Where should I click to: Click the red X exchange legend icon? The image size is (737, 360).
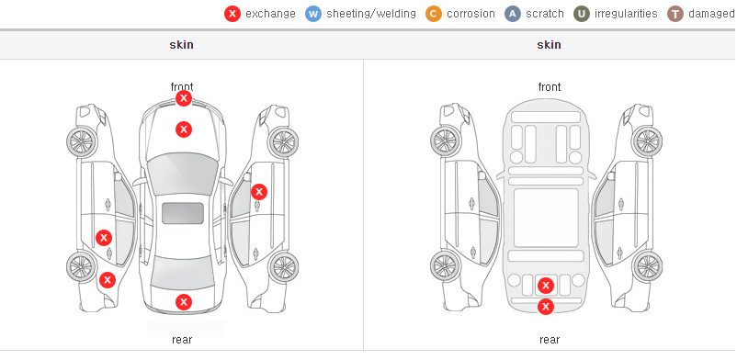click(232, 14)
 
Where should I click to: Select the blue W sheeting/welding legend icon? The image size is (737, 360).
click(313, 14)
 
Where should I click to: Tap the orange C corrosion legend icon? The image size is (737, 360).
click(434, 14)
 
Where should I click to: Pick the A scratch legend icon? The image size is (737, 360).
click(513, 14)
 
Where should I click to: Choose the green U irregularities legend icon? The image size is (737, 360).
click(582, 14)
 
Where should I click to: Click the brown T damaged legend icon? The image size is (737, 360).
click(675, 14)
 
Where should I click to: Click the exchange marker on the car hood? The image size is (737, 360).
click(184, 129)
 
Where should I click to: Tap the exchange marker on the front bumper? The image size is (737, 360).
click(184, 98)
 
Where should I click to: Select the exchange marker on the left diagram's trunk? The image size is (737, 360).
click(184, 302)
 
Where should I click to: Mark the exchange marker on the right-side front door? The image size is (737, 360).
click(259, 192)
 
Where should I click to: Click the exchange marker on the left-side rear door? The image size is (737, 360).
click(104, 238)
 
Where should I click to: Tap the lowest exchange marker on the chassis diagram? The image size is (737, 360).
click(546, 307)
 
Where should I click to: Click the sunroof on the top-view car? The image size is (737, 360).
click(183, 213)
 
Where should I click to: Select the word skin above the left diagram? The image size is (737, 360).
click(181, 45)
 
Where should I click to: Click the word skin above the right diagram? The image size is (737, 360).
click(549, 45)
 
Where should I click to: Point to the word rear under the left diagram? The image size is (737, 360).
click(182, 340)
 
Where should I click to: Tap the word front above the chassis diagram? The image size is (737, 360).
click(550, 87)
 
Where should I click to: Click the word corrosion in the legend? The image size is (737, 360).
click(471, 14)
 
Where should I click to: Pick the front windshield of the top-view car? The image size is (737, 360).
click(182, 174)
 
